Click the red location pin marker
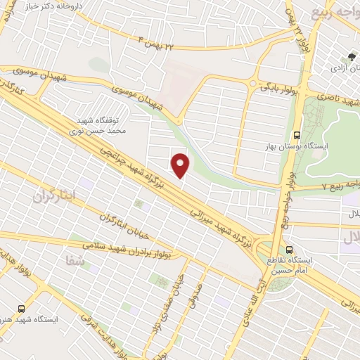pyautogui.click(x=181, y=165)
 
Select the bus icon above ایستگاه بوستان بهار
pyautogui.click(x=297, y=132)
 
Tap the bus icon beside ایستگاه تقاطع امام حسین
pyautogui.click(x=290, y=250)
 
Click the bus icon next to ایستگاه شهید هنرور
pyautogui.click(x=21, y=308)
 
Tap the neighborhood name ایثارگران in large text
pyautogui.click(x=53, y=196)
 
